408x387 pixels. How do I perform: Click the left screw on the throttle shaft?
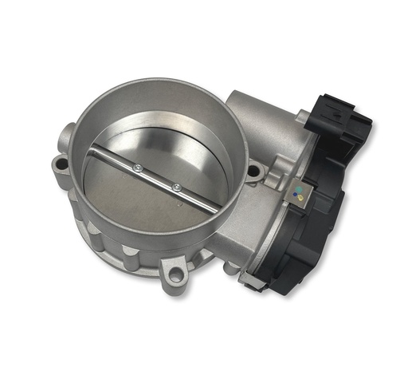[138, 167]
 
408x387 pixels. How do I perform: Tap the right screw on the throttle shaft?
[177, 187]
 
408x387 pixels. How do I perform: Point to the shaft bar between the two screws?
[158, 177]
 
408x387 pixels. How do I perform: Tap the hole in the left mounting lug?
[61, 168]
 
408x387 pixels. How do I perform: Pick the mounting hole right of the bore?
[254, 170]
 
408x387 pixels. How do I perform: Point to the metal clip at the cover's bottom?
[253, 279]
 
